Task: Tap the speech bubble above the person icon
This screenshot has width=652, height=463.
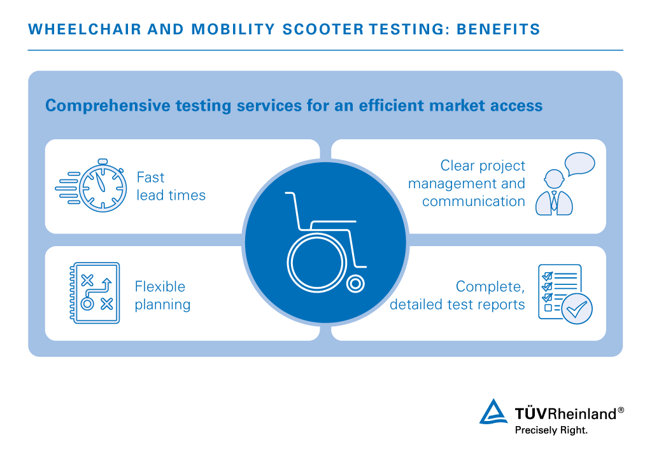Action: point(579,164)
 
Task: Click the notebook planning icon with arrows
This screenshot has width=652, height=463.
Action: point(94,293)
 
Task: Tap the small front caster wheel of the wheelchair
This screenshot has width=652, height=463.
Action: point(355,284)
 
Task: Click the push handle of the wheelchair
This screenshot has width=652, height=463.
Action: point(290,193)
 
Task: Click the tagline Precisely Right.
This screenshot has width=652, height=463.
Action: point(551,430)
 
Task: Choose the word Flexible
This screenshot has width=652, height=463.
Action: point(160,286)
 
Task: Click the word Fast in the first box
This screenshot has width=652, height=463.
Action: point(150,177)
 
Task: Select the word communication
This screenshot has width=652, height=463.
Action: point(473,202)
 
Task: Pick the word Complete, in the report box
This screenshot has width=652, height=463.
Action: point(490,286)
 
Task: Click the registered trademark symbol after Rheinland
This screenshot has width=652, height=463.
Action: point(621,410)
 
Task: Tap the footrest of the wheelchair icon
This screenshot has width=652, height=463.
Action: point(360,265)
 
